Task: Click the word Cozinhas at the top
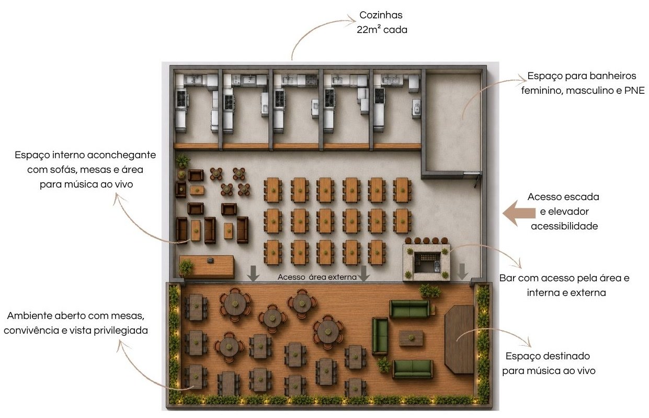(x=381, y=15)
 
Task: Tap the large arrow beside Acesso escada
(x=519, y=213)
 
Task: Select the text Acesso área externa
(x=317, y=277)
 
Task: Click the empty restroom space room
(x=452, y=122)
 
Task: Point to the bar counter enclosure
(x=426, y=262)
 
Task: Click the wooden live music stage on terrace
(x=459, y=339)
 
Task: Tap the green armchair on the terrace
(x=380, y=336)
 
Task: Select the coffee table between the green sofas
(x=411, y=338)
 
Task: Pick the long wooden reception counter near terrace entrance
(x=206, y=267)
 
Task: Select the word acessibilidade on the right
(x=564, y=226)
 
